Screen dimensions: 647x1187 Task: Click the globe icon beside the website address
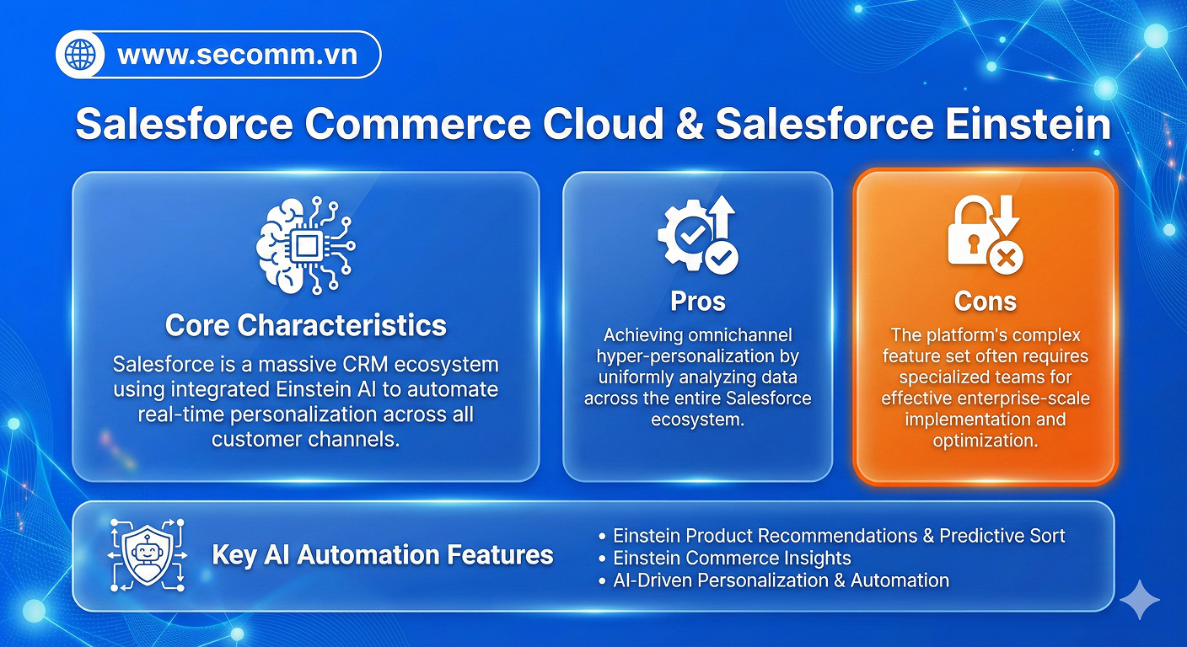82,56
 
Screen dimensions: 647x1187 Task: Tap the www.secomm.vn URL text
237,56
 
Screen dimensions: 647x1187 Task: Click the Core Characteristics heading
305,325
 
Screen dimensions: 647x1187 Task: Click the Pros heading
697,301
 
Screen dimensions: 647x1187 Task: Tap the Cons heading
985,301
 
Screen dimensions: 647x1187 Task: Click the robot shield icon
147,554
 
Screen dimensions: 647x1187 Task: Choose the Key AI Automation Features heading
382,555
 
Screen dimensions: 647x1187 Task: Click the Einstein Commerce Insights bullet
731,558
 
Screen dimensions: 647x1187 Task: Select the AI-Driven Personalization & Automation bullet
780,580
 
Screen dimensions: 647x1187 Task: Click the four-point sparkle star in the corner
1140,600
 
